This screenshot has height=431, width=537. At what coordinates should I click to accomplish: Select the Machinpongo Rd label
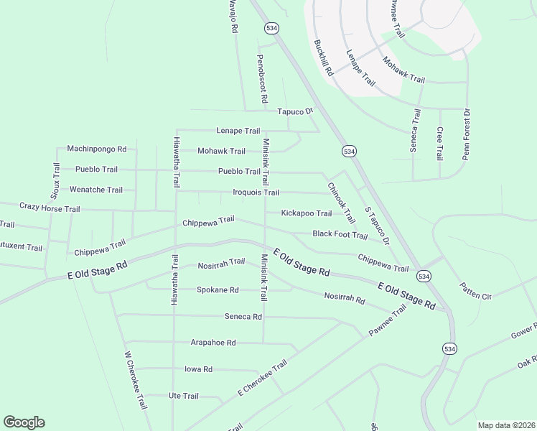pos(96,149)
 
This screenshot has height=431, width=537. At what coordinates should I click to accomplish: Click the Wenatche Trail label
pos(95,190)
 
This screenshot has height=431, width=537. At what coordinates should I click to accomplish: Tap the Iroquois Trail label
pos(256,193)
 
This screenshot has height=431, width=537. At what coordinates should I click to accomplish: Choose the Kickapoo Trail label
pos(306,213)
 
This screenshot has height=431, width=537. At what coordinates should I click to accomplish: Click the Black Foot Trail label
pos(340,234)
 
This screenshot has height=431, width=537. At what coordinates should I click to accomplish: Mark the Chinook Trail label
pos(341,202)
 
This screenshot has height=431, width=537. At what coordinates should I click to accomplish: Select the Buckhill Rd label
pos(323,58)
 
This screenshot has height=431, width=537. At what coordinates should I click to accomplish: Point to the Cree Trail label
pos(439,144)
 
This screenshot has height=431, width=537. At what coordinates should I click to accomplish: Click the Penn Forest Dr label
pos(466,134)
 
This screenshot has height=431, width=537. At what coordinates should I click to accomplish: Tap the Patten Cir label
pos(475,291)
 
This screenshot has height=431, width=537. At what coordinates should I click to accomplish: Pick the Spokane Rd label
pos(218,290)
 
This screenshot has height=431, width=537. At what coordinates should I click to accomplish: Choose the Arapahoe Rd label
pos(213,343)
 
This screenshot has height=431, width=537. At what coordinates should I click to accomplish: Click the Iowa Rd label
pos(198,369)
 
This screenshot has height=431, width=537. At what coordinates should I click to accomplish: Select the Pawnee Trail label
pos(388,320)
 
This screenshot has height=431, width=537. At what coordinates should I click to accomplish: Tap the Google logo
pos(24,422)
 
